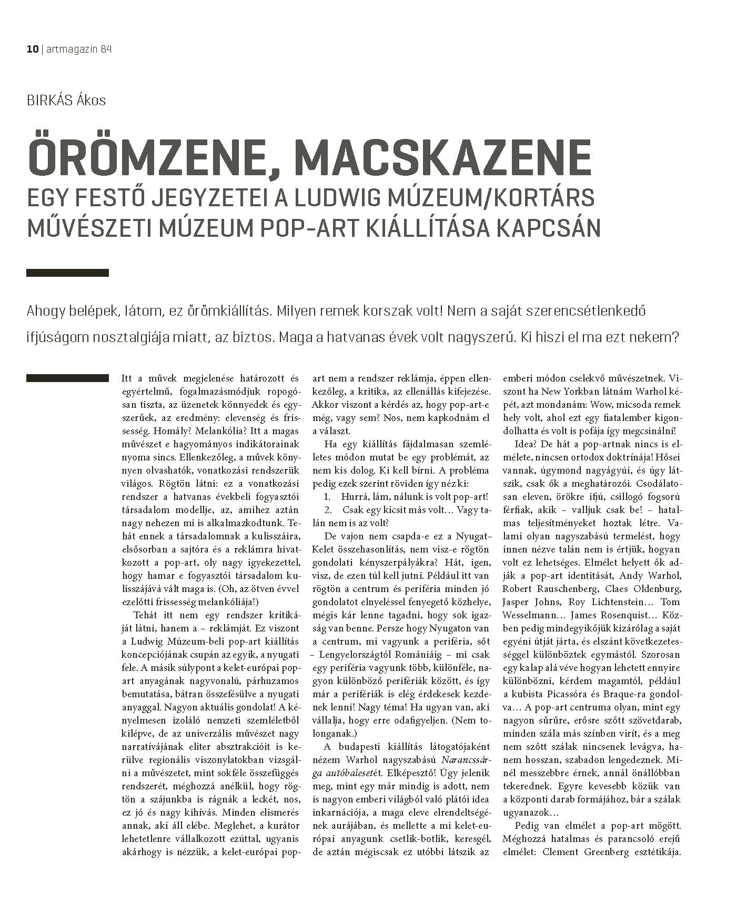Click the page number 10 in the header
point(32,49)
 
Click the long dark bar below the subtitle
point(67,273)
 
